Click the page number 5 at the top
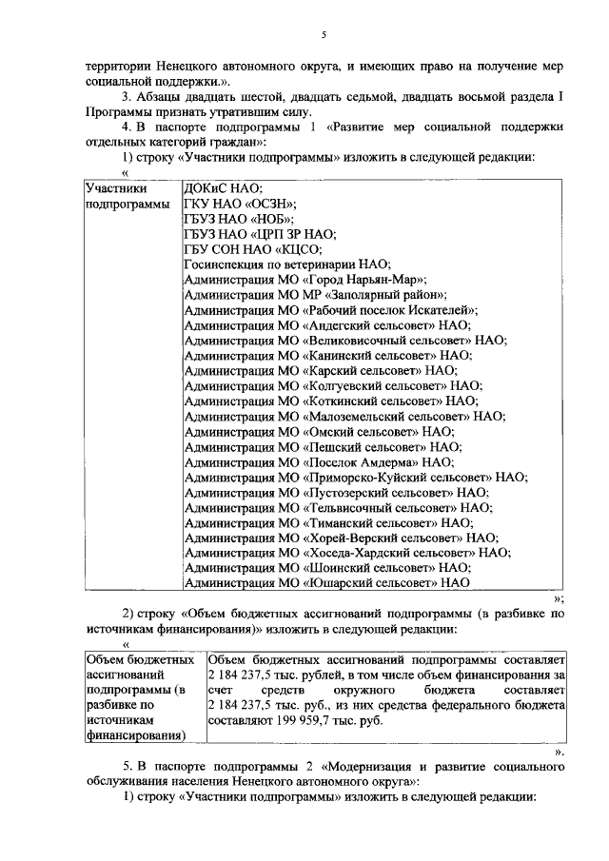click(x=323, y=35)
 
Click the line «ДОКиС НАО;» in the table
click(x=223, y=188)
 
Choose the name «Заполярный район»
click(x=381, y=295)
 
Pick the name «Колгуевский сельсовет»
click(x=377, y=386)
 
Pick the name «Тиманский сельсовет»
click(x=367, y=521)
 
